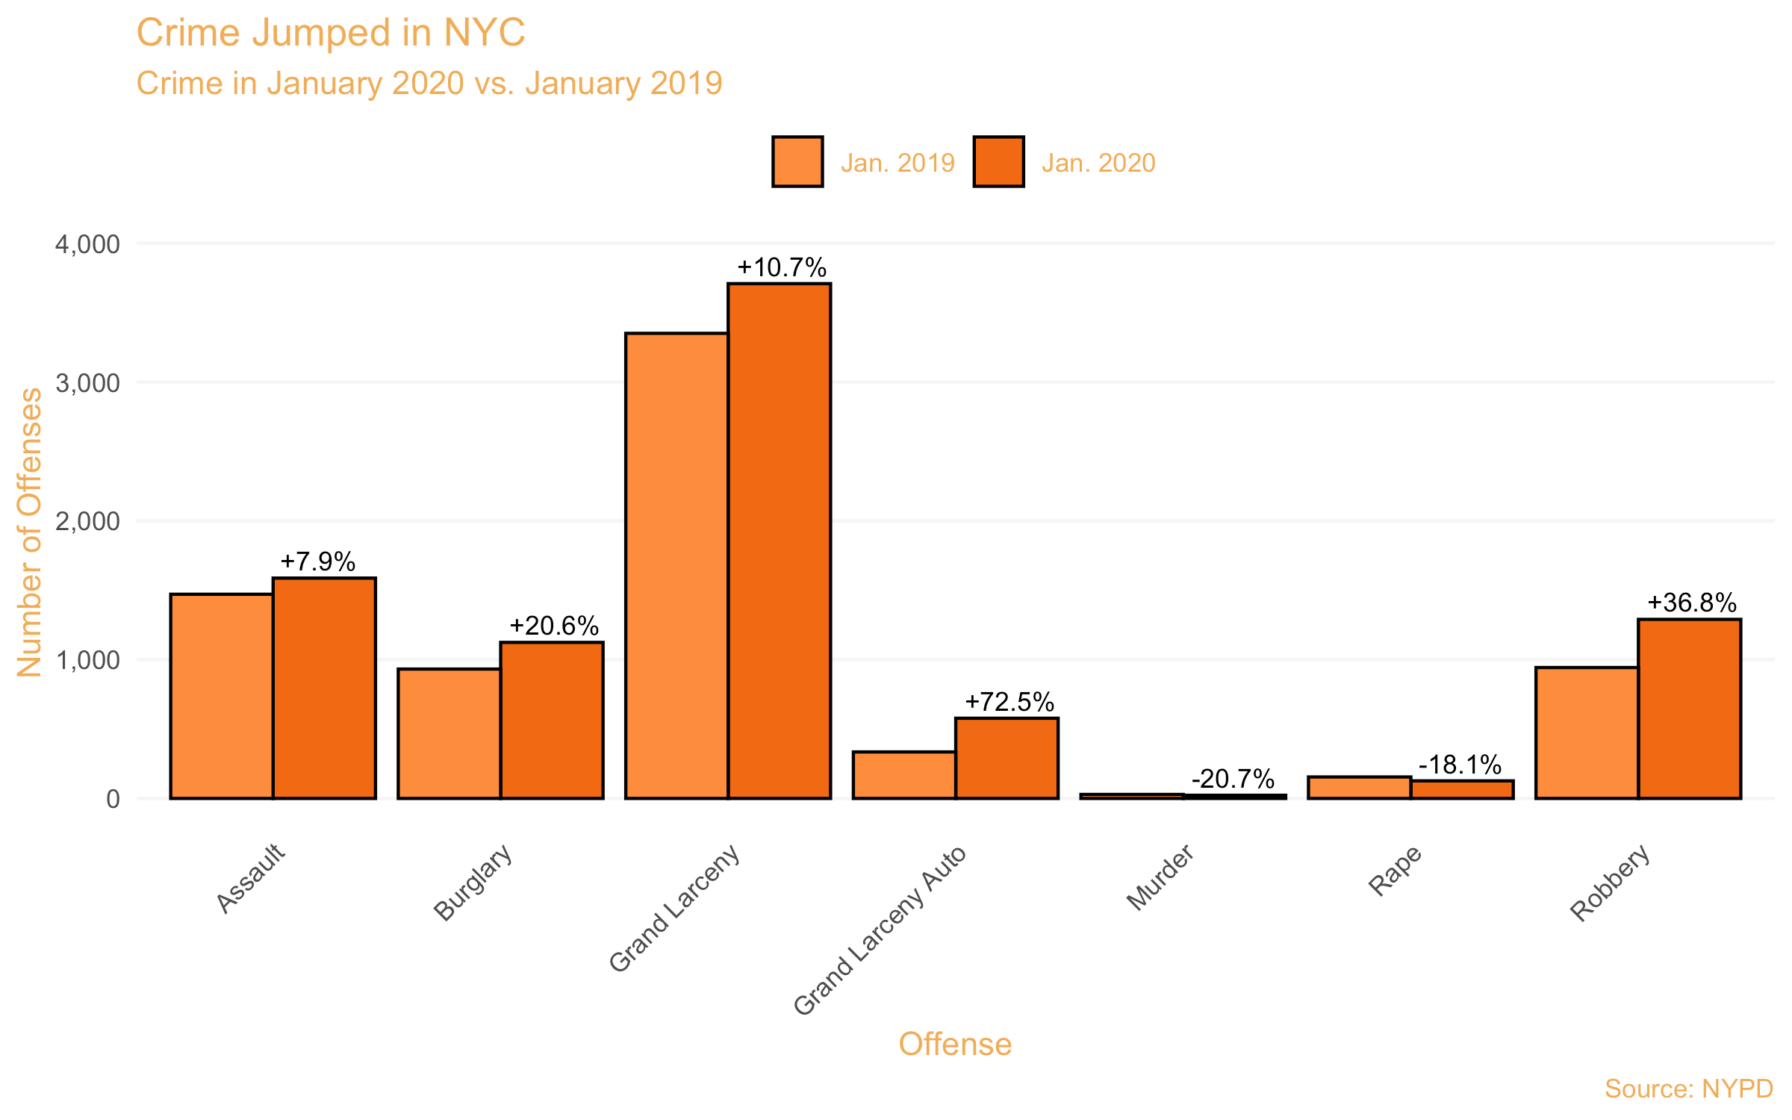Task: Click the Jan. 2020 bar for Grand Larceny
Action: [x=779, y=541]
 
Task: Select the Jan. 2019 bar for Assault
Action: [x=222, y=696]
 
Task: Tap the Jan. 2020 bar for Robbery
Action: [x=1689, y=709]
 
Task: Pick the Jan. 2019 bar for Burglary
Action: [x=449, y=733]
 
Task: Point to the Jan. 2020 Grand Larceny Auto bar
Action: [x=1007, y=758]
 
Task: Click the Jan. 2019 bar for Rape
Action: [x=1359, y=788]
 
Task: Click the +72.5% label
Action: [x=1009, y=702]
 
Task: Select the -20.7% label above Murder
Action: [x=1233, y=779]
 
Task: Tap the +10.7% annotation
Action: [x=781, y=267]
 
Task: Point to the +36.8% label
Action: [x=1691, y=603]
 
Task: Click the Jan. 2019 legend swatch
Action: [x=797, y=161]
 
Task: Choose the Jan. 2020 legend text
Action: [x=1098, y=163]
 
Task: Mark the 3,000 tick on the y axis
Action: [x=87, y=383]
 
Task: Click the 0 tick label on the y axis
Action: [x=113, y=799]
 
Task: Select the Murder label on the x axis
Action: [x=1160, y=877]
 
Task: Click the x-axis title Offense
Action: [x=954, y=1044]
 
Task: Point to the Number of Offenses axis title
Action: [x=30, y=532]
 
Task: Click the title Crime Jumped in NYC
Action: [x=331, y=33]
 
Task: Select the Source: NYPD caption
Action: [x=1688, y=1089]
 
